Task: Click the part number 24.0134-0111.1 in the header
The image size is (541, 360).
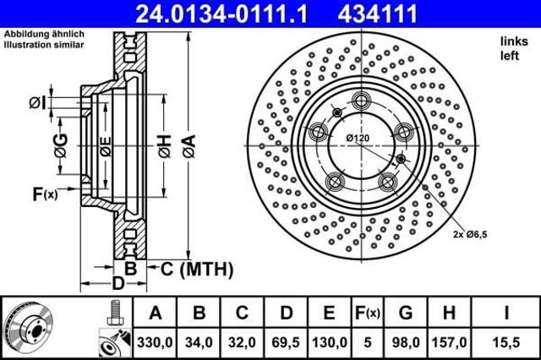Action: [x=221, y=14]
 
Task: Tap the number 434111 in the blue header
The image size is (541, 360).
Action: [x=378, y=14]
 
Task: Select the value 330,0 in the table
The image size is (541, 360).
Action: [x=155, y=342]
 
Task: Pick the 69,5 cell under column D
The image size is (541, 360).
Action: [x=286, y=342]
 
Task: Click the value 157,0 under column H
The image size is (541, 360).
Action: [x=449, y=342]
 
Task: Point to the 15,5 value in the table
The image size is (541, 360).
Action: [x=506, y=342]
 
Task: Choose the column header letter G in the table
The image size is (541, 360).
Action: [x=406, y=313]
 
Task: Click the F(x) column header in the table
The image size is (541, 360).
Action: [x=368, y=313]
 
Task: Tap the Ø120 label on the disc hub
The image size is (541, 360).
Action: [x=358, y=139]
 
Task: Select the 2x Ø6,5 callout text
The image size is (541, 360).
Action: [x=470, y=234]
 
